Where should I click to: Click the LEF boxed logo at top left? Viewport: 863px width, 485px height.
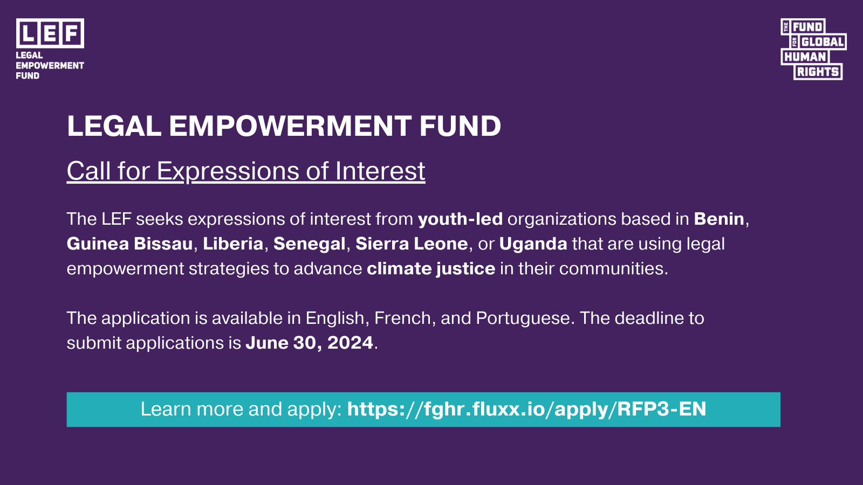[x=50, y=33]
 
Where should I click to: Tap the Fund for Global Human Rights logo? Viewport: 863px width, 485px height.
[x=813, y=49]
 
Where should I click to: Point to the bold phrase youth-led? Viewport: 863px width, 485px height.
[x=461, y=219]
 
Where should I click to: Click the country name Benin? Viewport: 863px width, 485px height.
[x=719, y=219]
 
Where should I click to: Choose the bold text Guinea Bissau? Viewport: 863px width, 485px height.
[x=129, y=244]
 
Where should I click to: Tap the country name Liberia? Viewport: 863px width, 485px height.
[x=233, y=244]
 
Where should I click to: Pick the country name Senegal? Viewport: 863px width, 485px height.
[x=310, y=244]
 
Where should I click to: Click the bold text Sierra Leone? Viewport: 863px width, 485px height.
[x=412, y=244]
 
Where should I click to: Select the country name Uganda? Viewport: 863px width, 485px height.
[x=533, y=244]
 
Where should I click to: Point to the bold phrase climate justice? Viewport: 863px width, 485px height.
[x=431, y=269]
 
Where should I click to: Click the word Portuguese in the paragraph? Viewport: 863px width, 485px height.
[x=523, y=318]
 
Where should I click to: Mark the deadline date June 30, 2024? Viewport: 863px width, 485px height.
[x=310, y=343]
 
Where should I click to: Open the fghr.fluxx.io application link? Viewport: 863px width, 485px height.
[x=526, y=409]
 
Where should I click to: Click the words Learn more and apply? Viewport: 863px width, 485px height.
[x=241, y=409]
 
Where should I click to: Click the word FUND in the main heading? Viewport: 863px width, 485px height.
[x=461, y=126]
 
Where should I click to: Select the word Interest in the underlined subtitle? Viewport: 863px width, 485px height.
[x=380, y=171]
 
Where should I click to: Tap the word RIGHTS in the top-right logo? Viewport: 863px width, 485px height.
[x=818, y=72]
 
